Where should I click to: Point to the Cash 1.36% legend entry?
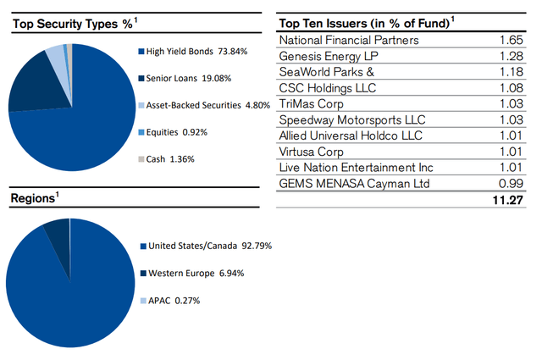(167, 159)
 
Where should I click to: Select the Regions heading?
(34, 198)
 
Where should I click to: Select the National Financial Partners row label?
(348, 39)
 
